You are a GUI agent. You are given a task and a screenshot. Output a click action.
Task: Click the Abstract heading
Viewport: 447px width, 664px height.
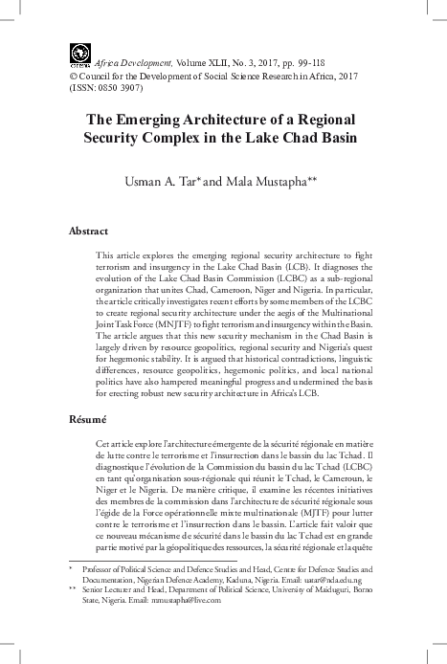(89, 232)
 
